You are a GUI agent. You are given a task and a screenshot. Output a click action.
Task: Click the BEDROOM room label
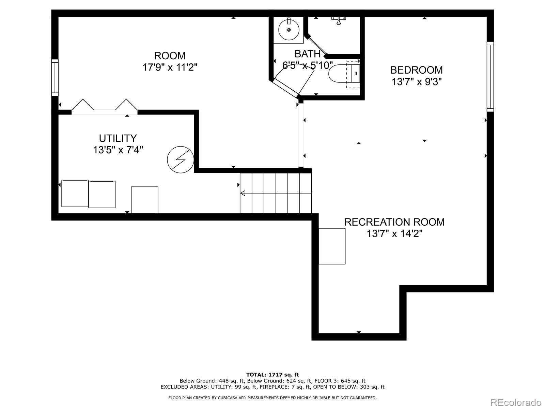416,70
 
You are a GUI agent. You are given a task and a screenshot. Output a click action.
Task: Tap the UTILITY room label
118,138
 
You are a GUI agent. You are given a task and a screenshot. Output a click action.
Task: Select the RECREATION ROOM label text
394,222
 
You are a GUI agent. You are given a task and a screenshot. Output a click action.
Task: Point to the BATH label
307,54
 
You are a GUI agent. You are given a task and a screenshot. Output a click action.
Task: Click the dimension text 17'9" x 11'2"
170,67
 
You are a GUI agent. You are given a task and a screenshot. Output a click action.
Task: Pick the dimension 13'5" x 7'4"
118,150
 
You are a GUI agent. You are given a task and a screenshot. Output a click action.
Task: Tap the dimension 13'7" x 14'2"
394,234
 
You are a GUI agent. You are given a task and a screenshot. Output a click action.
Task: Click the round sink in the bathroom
289,30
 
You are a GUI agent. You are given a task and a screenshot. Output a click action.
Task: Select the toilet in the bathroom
344,74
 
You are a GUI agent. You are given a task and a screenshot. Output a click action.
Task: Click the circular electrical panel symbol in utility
181,160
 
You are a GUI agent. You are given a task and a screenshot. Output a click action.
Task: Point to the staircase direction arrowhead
243,193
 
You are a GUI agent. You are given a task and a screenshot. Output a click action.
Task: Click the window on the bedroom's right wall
490,76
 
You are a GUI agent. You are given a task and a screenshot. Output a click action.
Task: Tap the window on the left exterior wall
55,77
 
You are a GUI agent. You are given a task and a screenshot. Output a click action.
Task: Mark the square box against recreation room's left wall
332,246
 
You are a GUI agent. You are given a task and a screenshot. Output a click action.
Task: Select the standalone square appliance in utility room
144,200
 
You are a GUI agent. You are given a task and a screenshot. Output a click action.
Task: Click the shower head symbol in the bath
338,20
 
